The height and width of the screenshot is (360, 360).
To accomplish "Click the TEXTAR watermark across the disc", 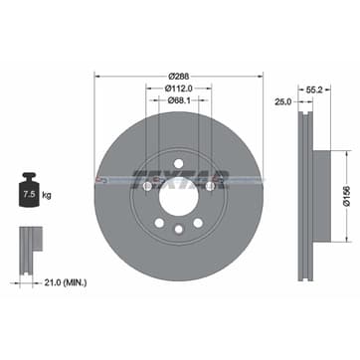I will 181,180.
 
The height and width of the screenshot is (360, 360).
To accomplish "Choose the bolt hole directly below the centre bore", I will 179,230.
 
